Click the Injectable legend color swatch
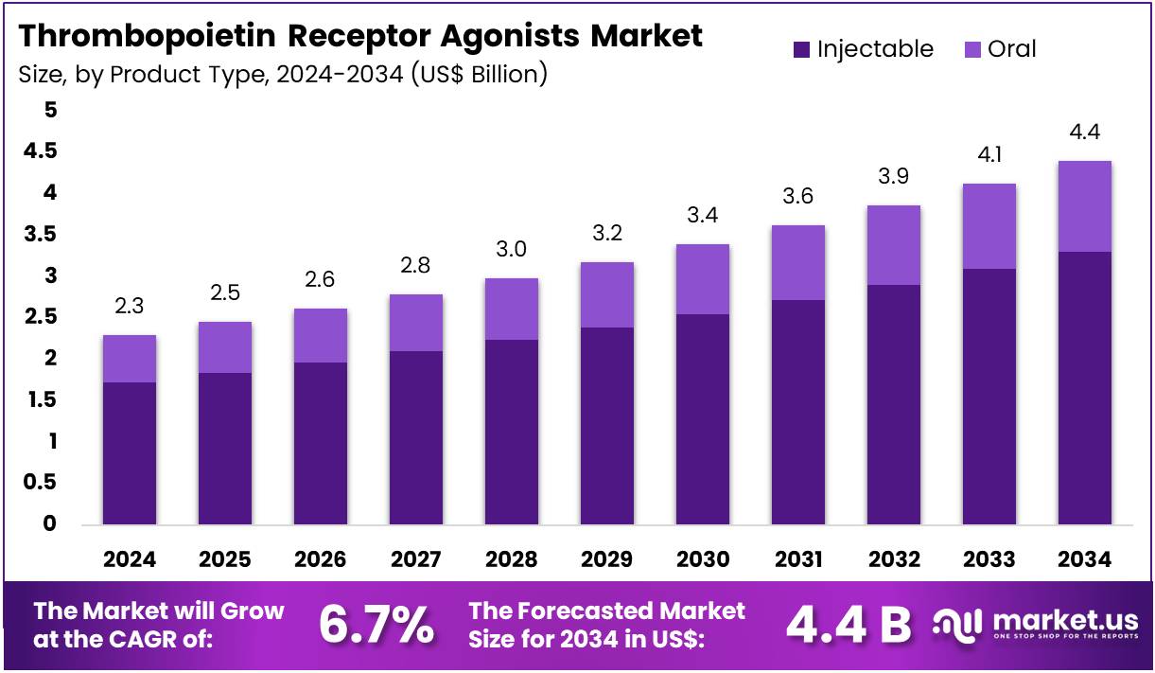[x=801, y=49]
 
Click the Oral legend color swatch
[x=971, y=49]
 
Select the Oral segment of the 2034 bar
[x=1084, y=206]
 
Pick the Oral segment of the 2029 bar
[x=607, y=294]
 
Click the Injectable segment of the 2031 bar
[x=798, y=412]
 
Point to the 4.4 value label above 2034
[x=1084, y=132]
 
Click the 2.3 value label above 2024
[x=130, y=306]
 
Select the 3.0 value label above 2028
[x=511, y=250]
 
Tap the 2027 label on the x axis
[x=415, y=559]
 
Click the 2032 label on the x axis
[x=893, y=559]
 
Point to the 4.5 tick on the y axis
[x=39, y=151]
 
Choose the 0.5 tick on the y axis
[x=39, y=483]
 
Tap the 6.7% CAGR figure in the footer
[x=376, y=624]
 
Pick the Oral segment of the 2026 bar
[x=320, y=335]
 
